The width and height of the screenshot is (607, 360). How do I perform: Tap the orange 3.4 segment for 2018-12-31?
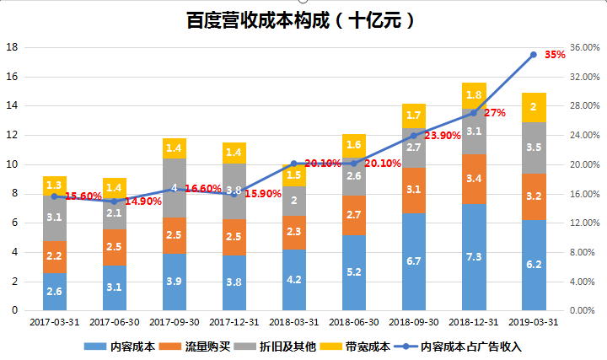click(474, 179)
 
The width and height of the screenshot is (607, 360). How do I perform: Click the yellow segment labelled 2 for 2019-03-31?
click(534, 107)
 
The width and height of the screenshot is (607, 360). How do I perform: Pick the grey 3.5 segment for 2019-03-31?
click(534, 148)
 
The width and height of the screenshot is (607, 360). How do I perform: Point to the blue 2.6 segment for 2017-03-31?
click(55, 291)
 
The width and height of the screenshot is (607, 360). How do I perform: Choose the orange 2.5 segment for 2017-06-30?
click(115, 247)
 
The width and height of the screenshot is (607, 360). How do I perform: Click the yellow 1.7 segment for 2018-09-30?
click(414, 116)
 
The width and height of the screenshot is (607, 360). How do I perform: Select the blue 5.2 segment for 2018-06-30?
click(354, 272)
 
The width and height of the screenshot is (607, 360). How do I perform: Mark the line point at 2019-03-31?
click(534, 55)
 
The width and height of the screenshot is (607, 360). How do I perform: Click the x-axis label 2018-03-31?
click(293, 322)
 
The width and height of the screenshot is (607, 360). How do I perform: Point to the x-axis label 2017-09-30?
click(174, 322)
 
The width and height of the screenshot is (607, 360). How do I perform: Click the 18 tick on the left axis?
click(13, 48)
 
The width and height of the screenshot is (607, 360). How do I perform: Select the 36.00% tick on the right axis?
click(584, 48)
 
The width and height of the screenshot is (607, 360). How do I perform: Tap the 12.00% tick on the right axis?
click(584, 223)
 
